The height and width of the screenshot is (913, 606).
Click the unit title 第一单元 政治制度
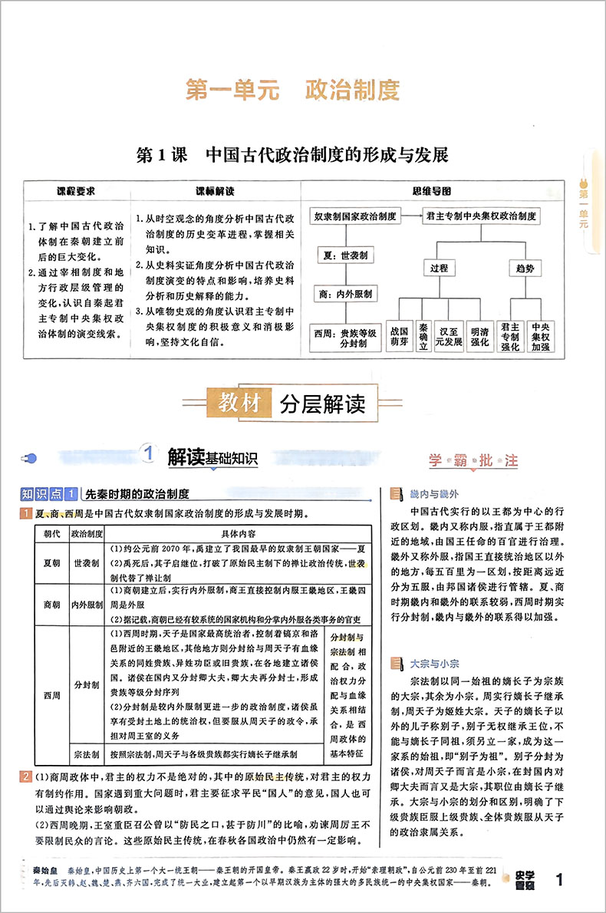293,91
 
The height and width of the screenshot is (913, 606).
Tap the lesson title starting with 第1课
291,154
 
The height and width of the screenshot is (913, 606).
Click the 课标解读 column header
214,190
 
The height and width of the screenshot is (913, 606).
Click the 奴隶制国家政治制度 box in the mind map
355,217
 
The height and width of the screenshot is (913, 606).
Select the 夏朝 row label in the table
51,562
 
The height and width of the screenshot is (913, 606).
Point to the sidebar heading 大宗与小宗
434,659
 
